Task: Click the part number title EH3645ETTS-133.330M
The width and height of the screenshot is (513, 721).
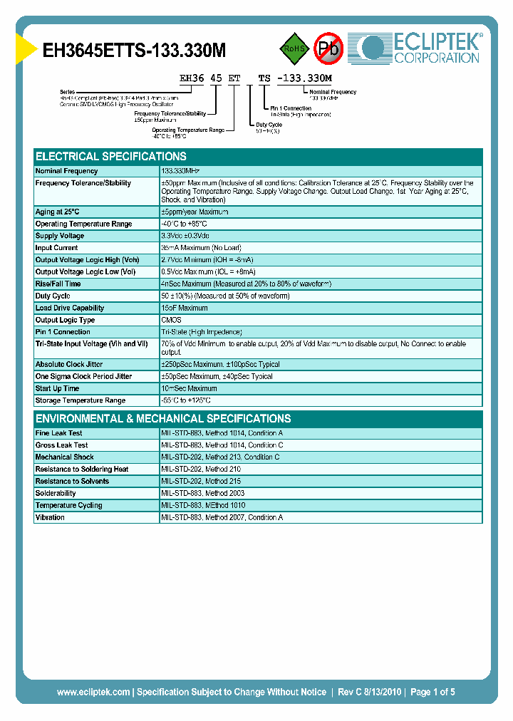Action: pos(135,51)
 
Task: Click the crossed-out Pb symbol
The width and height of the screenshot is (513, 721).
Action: pos(328,48)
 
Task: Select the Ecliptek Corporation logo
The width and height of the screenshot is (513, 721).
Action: pos(420,48)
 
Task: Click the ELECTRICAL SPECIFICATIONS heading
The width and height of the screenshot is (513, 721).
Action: pos(111,156)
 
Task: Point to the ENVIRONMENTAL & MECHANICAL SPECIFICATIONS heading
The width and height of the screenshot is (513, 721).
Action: pos(163,418)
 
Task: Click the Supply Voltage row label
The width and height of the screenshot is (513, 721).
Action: pos(60,236)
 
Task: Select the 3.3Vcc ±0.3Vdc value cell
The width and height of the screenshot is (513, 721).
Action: pos(185,236)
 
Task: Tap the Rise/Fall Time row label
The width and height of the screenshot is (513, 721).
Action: pos(58,284)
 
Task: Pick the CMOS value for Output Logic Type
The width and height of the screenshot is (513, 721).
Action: pos(171,320)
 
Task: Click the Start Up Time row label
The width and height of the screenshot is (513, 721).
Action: pos(58,388)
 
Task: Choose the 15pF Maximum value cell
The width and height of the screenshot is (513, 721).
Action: pos(185,308)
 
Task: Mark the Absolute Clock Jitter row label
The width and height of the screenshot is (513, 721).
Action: pos(68,364)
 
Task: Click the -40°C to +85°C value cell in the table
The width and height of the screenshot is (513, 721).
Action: pos(187,224)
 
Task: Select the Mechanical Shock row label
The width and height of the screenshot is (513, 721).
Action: pos(64,457)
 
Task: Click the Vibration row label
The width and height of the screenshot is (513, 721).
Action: pos(50,517)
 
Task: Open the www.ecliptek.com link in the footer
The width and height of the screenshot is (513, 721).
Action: pos(93,692)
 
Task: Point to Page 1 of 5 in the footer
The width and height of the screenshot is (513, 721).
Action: pos(431,692)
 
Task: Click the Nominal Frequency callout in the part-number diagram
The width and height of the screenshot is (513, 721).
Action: pos(333,92)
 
